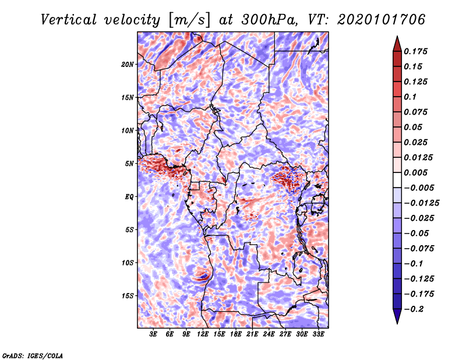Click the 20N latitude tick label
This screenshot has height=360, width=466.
click(x=128, y=65)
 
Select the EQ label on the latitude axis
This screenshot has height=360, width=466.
click(x=129, y=197)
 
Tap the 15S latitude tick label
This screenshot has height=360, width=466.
click(x=128, y=296)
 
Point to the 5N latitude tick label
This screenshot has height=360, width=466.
click(x=129, y=164)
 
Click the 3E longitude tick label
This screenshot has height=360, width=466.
click(x=153, y=334)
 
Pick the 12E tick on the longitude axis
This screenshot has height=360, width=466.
click(x=203, y=334)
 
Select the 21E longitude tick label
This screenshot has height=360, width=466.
click(x=252, y=334)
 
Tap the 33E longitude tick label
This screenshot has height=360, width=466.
click(x=318, y=334)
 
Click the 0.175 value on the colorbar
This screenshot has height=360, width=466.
click(x=415, y=51)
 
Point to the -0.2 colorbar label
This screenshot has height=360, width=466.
click(x=414, y=309)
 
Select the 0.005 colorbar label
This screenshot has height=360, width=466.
click(x=415, y=172)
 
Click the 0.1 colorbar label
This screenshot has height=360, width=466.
click(x=410, y=97)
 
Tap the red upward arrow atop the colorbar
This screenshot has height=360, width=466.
click(x=397, y=44)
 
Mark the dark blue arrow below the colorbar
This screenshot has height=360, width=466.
click(x=397, y=316)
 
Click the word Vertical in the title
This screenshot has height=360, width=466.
click(x=69, y=20)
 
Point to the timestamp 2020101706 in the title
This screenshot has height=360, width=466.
click(x=382, y=20)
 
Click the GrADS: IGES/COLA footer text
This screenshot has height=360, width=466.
click(x=33, y=355)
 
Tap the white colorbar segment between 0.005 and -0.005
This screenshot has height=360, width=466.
click(x=397, y=180)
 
